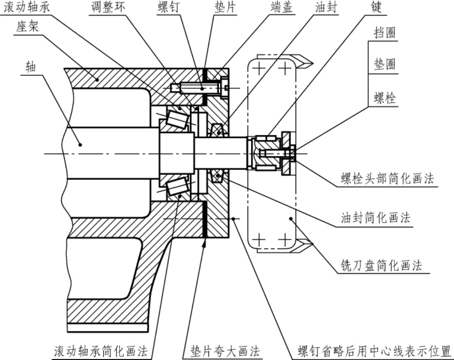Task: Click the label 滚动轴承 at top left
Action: [x=27, y=7]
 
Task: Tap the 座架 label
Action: [x=27, y=27]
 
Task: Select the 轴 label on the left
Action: [x=31, y=67]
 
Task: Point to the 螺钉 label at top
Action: [x=168, y=7]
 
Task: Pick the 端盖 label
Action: [x=281, y=7]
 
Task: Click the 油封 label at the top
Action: [x=326, y=7]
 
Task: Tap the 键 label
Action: [x=376, y=7]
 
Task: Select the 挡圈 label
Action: [x=384, y=32]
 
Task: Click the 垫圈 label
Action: [x=384, y=64]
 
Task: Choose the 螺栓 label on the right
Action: [x=384, y=98]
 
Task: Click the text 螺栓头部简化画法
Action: [x=387, y=178]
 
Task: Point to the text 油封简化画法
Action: [x=375, y=217]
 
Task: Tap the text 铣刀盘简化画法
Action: [x=381, y=265]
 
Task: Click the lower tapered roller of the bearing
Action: [x=178, y=187]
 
